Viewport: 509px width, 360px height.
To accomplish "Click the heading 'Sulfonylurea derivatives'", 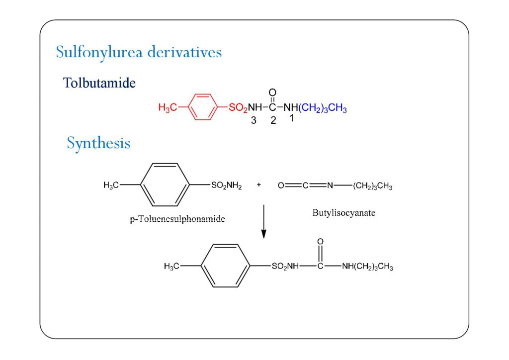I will tap(139, 52).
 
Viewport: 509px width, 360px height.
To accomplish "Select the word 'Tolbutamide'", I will tap(99, 83).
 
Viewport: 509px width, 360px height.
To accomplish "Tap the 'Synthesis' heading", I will tap(98, 144).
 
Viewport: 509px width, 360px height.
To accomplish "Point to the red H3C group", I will tap(167, 108).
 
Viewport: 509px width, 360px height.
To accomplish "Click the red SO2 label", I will tap(238, 108).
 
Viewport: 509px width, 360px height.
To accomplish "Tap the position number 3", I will tap(254, 121).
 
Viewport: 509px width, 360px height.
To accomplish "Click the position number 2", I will tap(273, 121).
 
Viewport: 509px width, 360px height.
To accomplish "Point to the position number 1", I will tap(292, 119).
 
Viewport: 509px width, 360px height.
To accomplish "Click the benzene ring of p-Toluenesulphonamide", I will tap(166, 185).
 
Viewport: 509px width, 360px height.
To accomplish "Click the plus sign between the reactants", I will tap(259, 185).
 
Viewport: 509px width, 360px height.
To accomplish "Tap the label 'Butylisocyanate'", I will tap(344, 213).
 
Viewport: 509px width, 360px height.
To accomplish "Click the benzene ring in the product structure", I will tap(225, 266).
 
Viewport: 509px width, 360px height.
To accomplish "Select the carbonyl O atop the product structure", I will tap(320, 242).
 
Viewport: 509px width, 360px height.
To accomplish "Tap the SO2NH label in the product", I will tap(285, 267).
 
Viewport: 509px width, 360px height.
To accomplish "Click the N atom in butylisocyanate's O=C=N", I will tap(330, 186).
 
